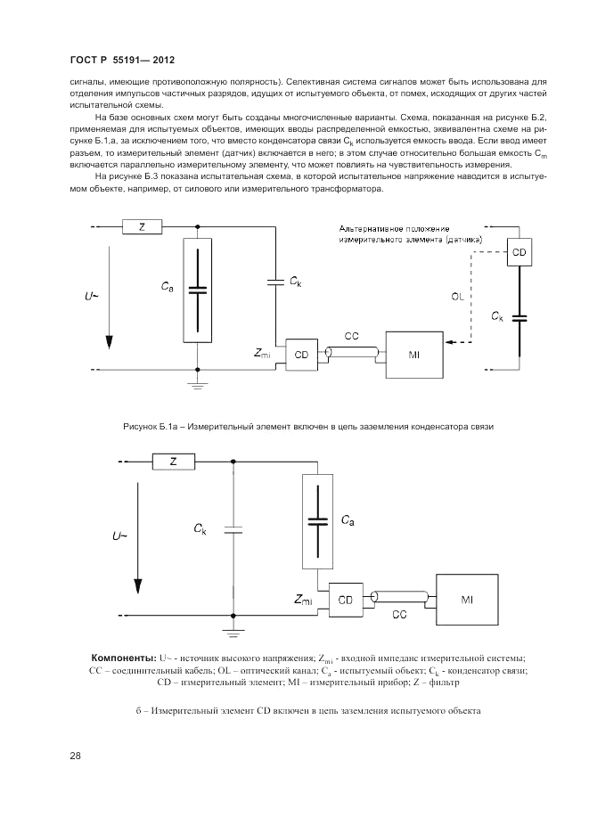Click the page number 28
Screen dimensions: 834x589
click(75, 756)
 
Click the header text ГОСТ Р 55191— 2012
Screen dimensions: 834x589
click(120, 60)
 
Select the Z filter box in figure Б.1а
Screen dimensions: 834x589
click(143, 227)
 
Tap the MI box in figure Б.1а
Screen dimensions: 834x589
click(413, 356)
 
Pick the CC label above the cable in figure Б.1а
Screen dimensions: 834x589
click(351, 336)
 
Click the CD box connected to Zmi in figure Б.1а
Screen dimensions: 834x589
click(301, 354)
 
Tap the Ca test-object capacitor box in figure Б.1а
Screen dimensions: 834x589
click(197, 290)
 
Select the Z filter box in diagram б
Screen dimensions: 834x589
click(173, 462)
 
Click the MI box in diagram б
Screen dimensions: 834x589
click(466, 600)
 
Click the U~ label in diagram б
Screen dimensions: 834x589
click(119, 537)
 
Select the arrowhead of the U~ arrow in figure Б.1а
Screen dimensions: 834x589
click(110, 343)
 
